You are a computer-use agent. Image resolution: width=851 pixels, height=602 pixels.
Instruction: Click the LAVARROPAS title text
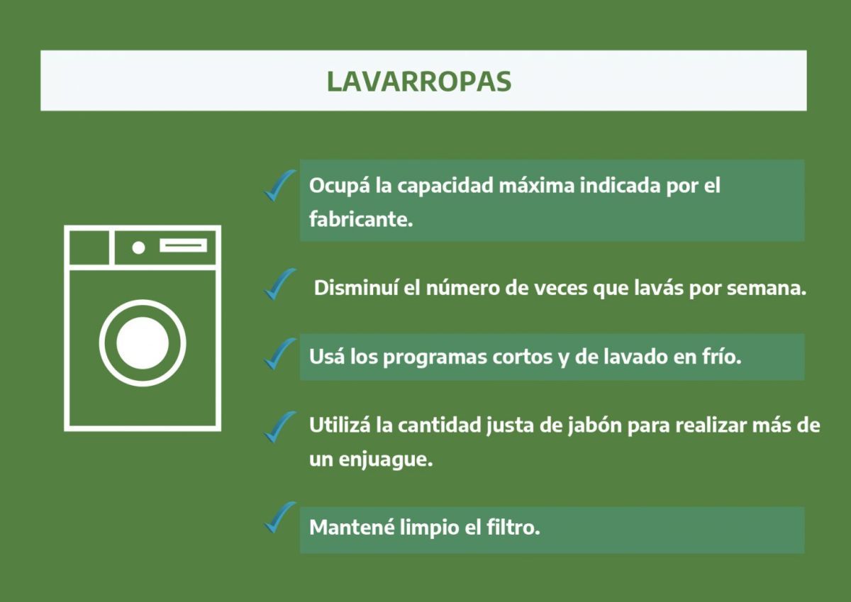(418, 81)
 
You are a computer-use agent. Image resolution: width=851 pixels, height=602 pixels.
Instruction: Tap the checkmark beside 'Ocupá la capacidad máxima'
(279, 186)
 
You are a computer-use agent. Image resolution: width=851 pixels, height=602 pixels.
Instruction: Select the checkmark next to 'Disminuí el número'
(279, 284)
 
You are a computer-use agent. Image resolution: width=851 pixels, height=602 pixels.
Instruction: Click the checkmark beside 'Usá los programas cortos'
(279, 353)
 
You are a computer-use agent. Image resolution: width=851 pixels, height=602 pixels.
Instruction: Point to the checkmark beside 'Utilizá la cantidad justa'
(279, 426)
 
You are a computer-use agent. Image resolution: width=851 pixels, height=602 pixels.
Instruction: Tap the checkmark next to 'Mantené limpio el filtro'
(279, 517)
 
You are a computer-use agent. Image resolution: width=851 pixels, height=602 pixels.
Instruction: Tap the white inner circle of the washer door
(143, 343)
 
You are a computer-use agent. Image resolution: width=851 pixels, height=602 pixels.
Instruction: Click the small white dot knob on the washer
(139, 247)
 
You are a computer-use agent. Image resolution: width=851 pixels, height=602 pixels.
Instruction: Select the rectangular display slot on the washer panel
(183, 245)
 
